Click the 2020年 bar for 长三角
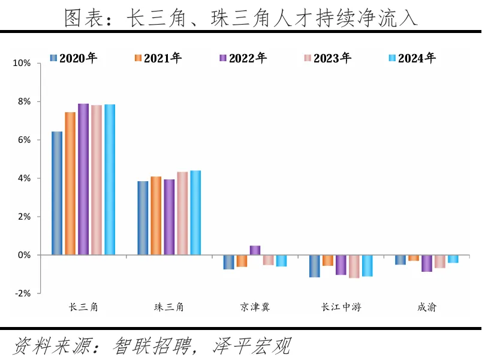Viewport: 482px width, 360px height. (57, 193)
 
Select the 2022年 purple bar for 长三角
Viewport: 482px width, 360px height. (83, 179)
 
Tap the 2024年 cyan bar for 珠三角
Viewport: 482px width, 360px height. (195, 213)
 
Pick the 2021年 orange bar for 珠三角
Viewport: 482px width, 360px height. (156, 216)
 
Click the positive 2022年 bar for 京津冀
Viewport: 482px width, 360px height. (255, 250)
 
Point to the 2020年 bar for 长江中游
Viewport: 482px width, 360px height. (315, 266)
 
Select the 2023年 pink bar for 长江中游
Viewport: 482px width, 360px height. (354, 266)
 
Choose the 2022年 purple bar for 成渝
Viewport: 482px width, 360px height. (427, 263)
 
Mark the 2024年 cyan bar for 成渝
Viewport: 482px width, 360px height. (453, 259)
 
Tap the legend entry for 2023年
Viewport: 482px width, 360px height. (327, 58)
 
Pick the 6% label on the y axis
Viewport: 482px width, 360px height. (23, 140)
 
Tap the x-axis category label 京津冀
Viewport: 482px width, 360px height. (255, 307)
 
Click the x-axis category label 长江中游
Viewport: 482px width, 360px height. (341, 307)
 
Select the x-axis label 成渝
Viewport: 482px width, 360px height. (427, 307)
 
